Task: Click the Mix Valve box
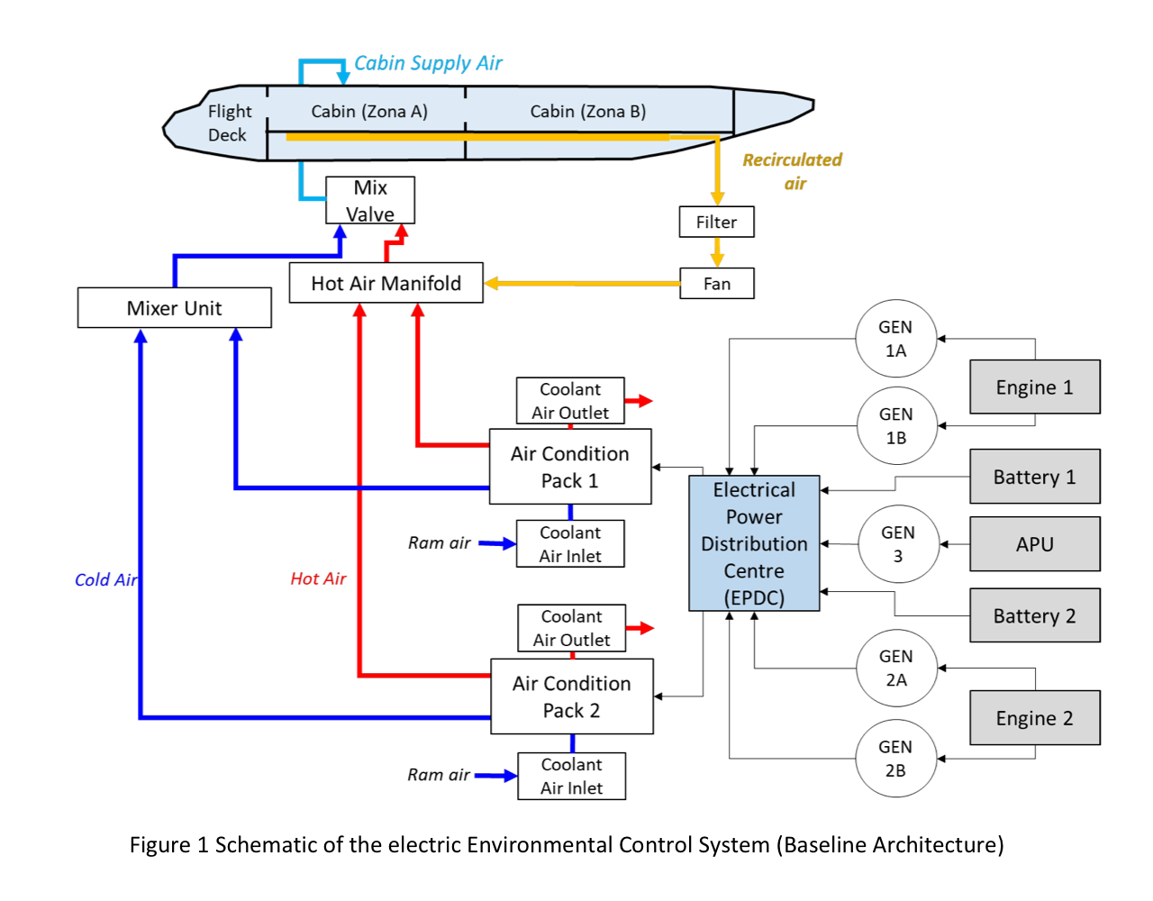click(370, 200)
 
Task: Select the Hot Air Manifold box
click(386, 283)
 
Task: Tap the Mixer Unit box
click(174, 308)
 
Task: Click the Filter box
click(716, 222)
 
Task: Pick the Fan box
click(716, 284)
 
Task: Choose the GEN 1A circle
click(895, 339)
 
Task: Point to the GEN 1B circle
click(895, 426)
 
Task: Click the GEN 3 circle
click(898, 544)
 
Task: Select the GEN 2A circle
click(895, 668)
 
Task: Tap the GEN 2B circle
click(895, 759)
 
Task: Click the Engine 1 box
click(1034, 387)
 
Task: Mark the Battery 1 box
click(1034, 477)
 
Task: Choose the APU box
click(1034, 544)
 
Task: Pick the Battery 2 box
click(1034, 615)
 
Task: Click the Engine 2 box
click(1034, 718)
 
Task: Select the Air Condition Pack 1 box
click(570, 467)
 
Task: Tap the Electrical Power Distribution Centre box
click(754, 543)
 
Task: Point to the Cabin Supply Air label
click(428, 63)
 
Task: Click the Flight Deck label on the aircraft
click(229, 123)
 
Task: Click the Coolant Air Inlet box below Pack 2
click(571, 776)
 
